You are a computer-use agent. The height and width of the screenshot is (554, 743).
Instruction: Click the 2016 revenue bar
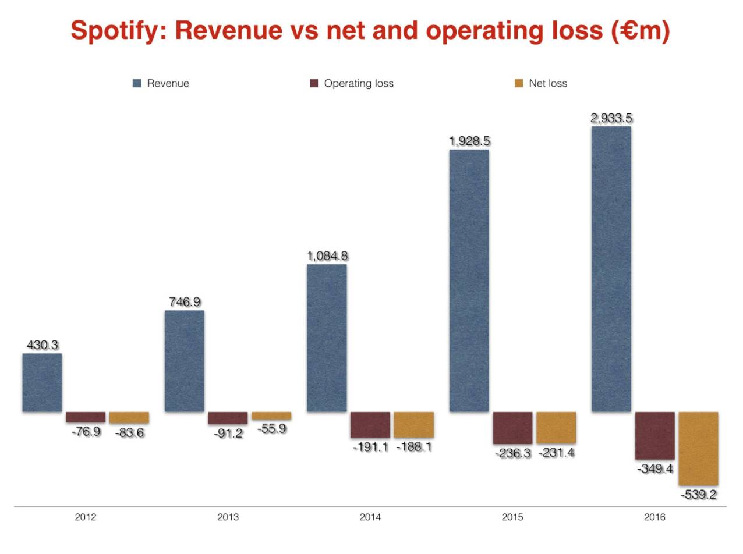click(611, 269)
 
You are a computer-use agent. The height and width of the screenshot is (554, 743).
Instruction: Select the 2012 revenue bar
click(42, 382)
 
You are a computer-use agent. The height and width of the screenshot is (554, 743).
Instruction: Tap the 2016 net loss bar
click(698, 448)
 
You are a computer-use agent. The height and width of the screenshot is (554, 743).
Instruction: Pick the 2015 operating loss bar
click(512, 428)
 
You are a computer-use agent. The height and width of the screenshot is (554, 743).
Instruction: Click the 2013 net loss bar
click(271, 416)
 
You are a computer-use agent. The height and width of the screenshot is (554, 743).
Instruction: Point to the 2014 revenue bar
click(327, 338)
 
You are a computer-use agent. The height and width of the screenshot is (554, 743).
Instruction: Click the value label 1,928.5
click(469, 141)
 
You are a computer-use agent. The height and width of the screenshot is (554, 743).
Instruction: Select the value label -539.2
click(698, 495)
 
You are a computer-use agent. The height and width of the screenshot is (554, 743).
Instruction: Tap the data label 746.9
click(185, 302)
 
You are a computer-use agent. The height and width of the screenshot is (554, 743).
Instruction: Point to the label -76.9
click(86, 432)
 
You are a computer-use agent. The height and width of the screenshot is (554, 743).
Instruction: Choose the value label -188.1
click(413, 447)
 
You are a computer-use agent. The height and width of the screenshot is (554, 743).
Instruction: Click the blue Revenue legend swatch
click(137, 83)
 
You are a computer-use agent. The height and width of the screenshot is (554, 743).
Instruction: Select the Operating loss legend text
click(359, 83)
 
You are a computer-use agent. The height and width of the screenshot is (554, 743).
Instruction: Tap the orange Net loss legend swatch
click(519, 83)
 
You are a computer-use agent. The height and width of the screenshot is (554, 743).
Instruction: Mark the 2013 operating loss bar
click(228, 418)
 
